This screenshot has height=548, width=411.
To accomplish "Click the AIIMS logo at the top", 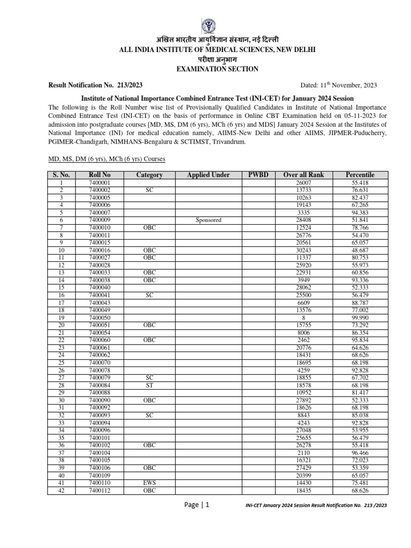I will pos(206,25).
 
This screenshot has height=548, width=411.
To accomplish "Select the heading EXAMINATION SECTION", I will pos(206,69).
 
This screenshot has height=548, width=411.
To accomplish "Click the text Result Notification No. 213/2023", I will pos(95,85).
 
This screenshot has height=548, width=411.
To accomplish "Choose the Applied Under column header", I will pos(208,175).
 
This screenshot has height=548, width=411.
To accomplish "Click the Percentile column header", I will pos(360,175).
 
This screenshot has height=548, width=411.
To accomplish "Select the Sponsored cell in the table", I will pos(208,220).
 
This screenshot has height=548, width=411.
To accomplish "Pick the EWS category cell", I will pos(149,482).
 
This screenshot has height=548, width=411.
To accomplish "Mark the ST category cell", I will pos(149,385).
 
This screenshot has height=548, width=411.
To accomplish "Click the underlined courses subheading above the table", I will pos(106,159).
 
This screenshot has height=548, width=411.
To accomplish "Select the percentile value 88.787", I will pos(360,302).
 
